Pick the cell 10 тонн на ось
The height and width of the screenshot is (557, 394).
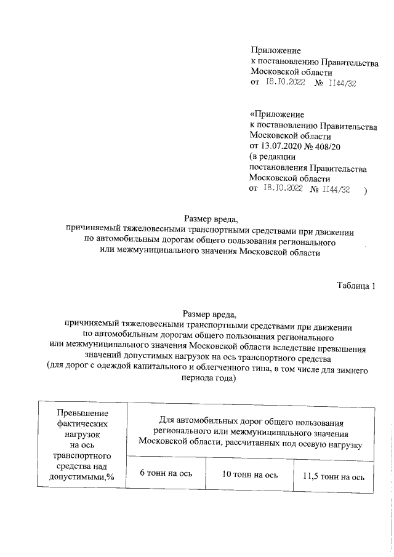click(x=251, y=475)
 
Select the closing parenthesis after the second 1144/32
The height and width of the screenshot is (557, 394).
click(x=366, y=190)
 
